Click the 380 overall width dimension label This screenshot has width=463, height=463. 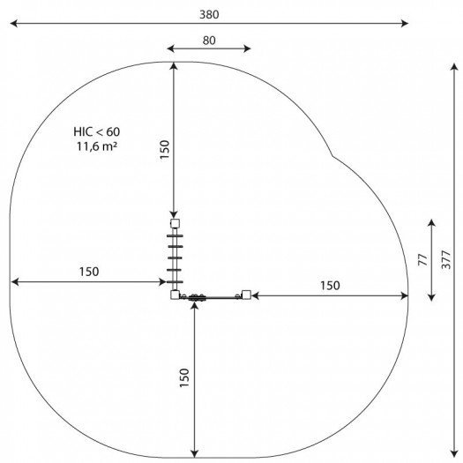pyautogui.click(x=209, y=14)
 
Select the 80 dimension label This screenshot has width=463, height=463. pyautogui.click(x=209, y=41)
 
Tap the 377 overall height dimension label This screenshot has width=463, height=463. pyautogui.click(x=446, y=260)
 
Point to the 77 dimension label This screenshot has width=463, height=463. pyautogui.click(x=423, y=260)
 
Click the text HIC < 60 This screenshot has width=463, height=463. pyautogui.click(x=96, y=131)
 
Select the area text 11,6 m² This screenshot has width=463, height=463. pyautogui.click(x=96, y=146)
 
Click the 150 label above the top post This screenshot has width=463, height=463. pyautogui.click(x=164, y=149)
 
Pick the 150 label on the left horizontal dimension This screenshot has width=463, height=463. pyautogui.click(x=89, y=272)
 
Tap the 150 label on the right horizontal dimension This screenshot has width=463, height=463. pyautogui.click(x=330, y=286)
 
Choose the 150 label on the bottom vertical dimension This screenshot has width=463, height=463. pyautogui.click(x=184, y=378)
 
